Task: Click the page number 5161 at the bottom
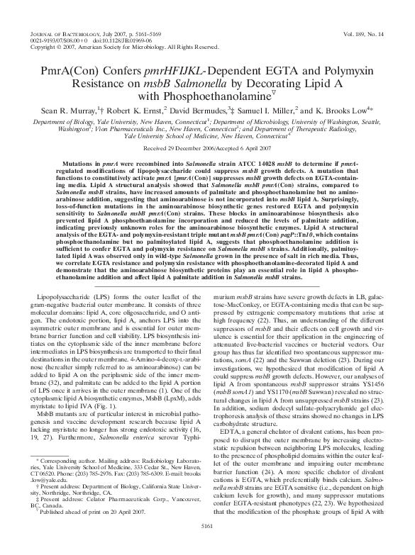point(207,545)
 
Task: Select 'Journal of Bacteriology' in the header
point(67,33)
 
